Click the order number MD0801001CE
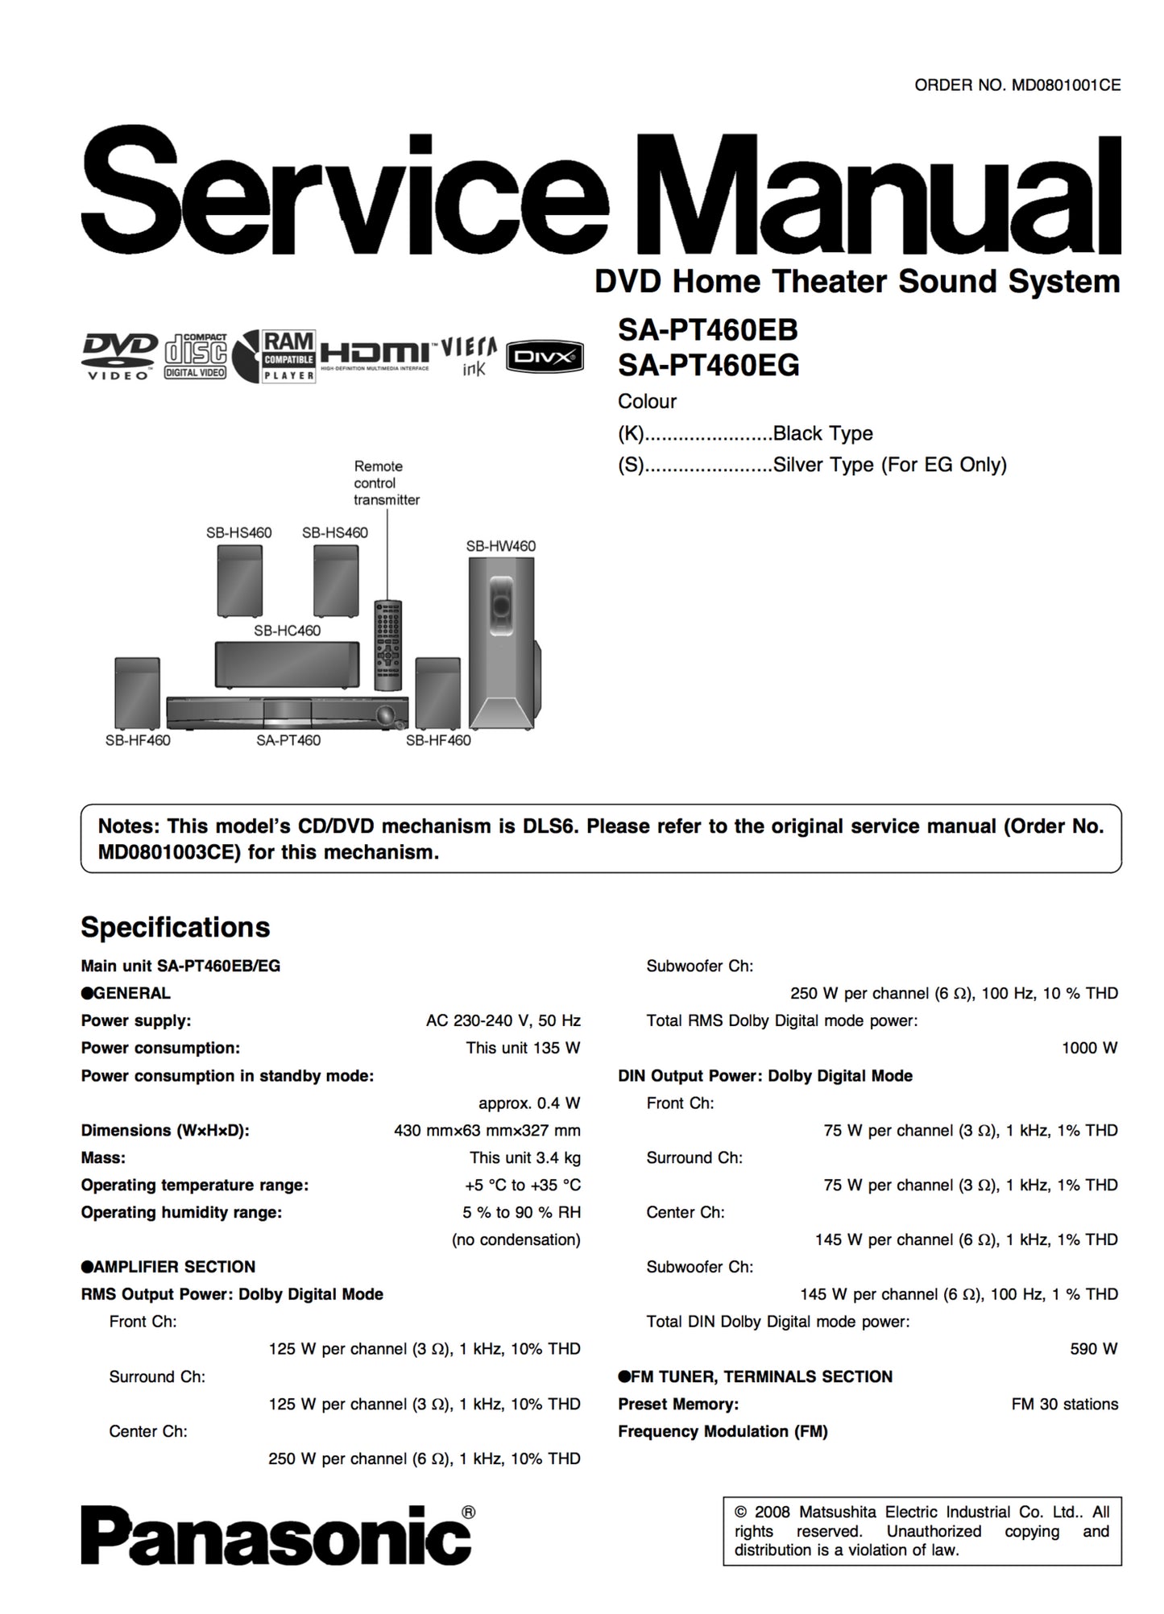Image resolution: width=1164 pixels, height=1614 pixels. click(1065, 85)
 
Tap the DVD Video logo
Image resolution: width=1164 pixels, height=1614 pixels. click(119, 356)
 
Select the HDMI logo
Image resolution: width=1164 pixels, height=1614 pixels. click(375, 354)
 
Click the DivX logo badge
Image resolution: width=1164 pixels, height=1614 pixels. click(545, 356)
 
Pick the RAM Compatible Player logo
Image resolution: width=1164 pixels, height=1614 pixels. click(288, 355)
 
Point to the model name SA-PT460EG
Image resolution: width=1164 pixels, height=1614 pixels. click(708, 366)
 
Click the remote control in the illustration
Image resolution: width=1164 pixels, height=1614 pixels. click(387, 644)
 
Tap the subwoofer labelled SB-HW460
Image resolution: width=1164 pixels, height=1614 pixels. click(501, 640)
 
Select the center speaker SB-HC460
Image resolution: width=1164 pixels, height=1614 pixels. click(287, 664)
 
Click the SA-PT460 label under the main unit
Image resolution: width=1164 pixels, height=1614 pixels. click(288, 740)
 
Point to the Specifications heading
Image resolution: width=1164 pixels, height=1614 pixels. click(175, 927)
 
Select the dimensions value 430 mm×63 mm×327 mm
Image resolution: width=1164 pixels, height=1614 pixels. click(487, 1130)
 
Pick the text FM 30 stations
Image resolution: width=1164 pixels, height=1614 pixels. click(1064, 1404)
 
